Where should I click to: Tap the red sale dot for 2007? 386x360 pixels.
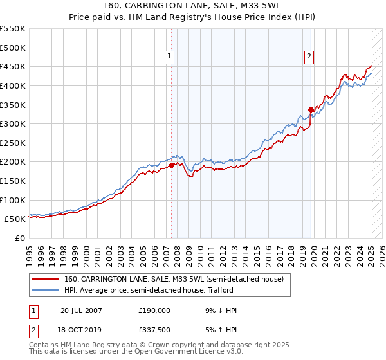pyautogui.click(x=172, y=165)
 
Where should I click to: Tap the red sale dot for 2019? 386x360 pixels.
pyautogui.click(x=311, y=109)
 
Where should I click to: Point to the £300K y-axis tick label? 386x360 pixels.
pyautogui.click(x=13, y=123)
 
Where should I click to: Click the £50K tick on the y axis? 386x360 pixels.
pyautogui.click(x=15, y=219)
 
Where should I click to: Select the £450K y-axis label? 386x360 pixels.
pyautogui.click(x=13, y=66)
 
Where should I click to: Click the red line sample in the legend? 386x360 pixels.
pyautogui.click(x=47, y=279)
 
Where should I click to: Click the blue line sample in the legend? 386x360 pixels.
pyautogui.click(x=47, y=290)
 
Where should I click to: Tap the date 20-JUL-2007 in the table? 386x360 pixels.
pyautogui.click(x=81, y=310)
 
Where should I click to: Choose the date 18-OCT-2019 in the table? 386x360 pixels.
pyautogui.click(x=82, y=329)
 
